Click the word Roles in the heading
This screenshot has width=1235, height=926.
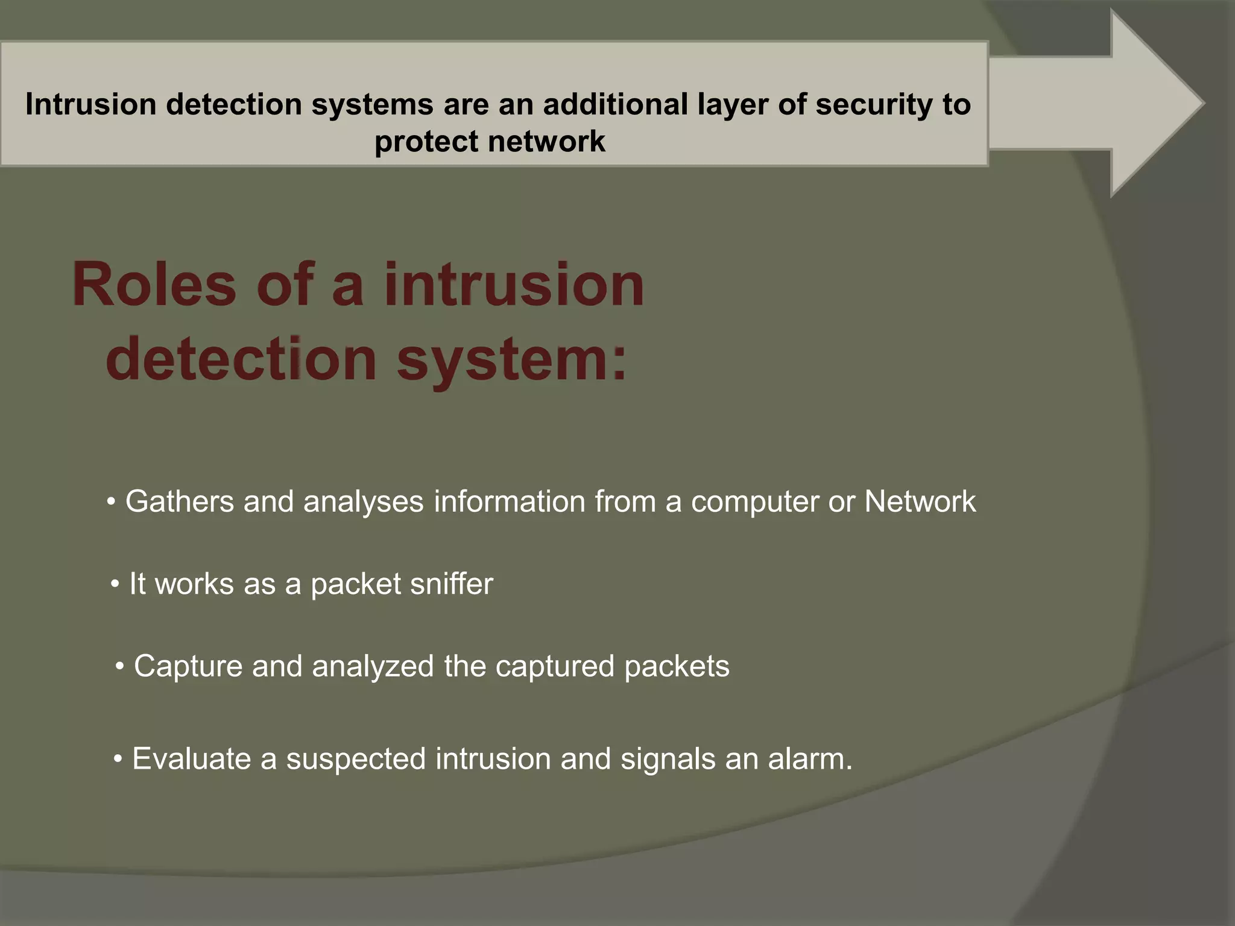tap(154, 285)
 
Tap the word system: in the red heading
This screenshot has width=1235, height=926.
tap(511, 361)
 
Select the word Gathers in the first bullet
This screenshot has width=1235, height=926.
tap(179, 502)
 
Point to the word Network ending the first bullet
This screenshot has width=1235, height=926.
tap(920, 502)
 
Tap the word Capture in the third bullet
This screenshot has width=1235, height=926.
tap(188, 666)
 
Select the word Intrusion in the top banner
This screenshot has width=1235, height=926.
tap(91, 104)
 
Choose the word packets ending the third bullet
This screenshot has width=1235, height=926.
tap(676, 666)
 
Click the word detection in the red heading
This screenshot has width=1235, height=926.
tap(241, 361)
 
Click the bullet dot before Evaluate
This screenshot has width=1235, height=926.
tap(118, 759)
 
